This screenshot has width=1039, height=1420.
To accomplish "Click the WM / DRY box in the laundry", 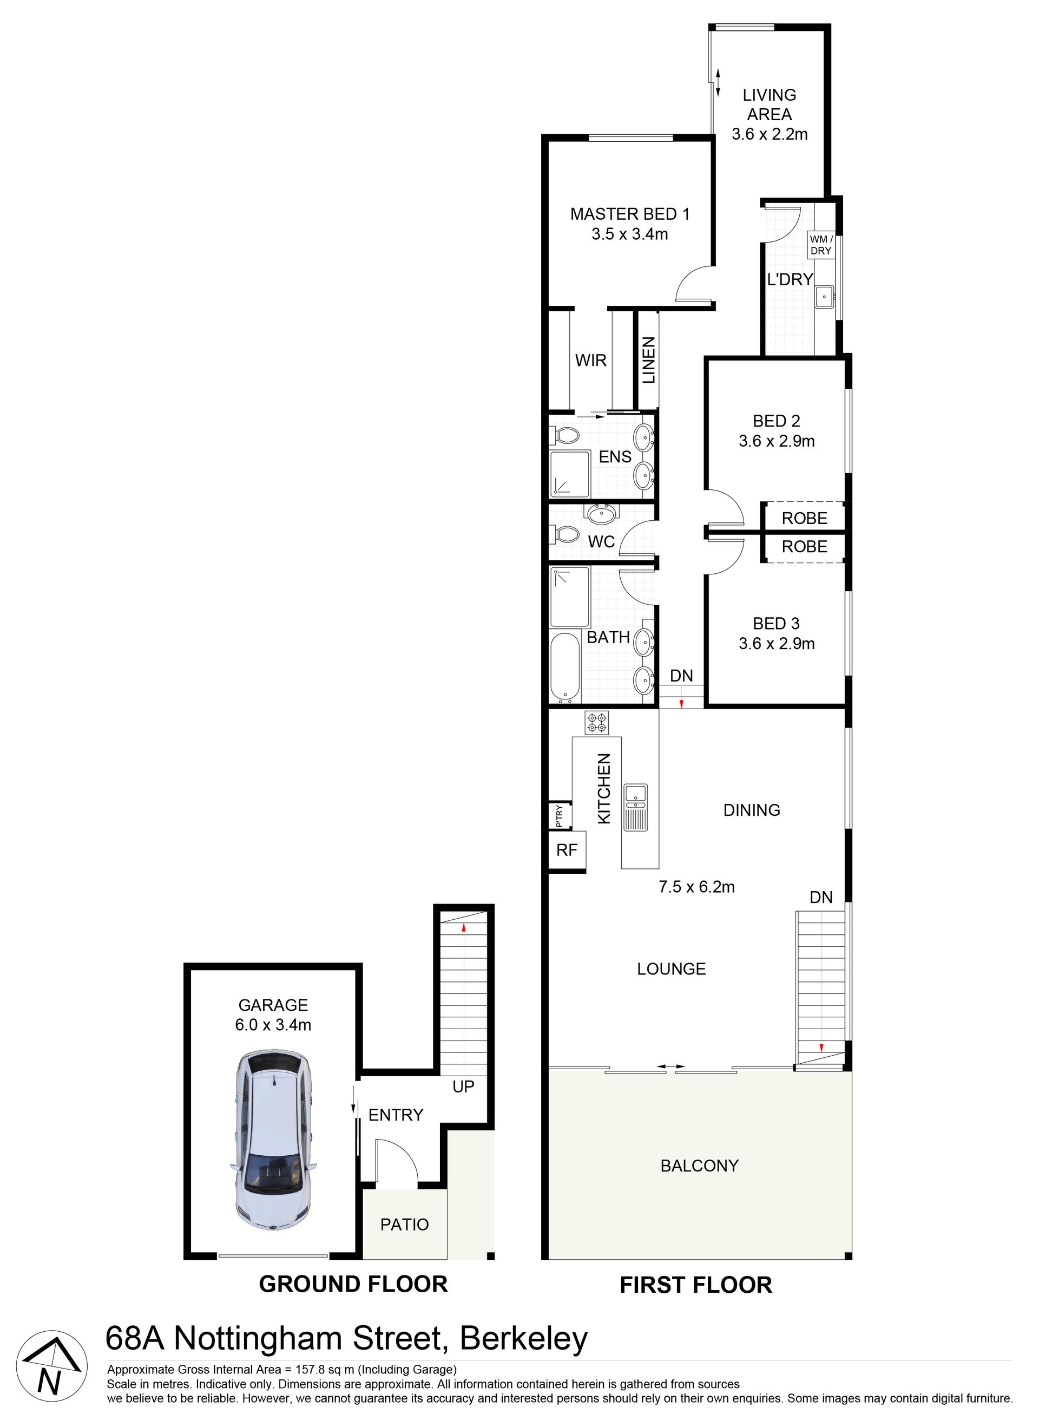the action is [821, 245].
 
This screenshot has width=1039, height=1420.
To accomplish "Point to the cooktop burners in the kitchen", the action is [596, 722].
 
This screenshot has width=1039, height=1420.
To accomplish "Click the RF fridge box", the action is [567, 850].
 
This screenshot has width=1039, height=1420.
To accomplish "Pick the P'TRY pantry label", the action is [559, 816].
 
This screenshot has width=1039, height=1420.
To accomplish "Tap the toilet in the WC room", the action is [565, 534].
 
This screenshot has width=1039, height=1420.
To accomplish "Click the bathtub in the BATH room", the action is [565, 668].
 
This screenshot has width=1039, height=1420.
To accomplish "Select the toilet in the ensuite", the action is [565, 435].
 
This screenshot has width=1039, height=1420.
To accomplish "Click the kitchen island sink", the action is [635, 796].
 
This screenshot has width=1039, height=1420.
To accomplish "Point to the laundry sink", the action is [825, 296].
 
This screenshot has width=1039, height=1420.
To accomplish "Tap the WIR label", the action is [590, 361].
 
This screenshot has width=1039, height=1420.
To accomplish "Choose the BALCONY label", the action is [699, 1166].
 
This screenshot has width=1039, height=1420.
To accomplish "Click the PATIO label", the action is [404, 1225].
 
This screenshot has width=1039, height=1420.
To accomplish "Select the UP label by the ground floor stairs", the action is [464, 1087].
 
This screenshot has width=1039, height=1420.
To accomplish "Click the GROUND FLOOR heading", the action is [353, 1284].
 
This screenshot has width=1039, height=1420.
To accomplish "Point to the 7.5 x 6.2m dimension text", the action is [696, 886].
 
